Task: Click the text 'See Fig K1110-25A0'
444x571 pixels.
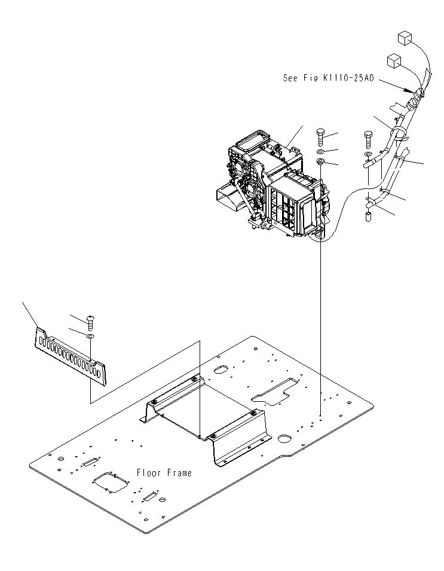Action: pos(328,77)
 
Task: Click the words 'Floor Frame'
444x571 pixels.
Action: pos(164,473)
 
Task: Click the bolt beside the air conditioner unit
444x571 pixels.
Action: pos(320,136)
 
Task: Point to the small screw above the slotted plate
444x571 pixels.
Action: pos(90,322)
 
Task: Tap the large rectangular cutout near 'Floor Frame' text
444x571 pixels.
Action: pos(112,482)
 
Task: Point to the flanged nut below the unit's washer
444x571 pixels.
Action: pos(321,161)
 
